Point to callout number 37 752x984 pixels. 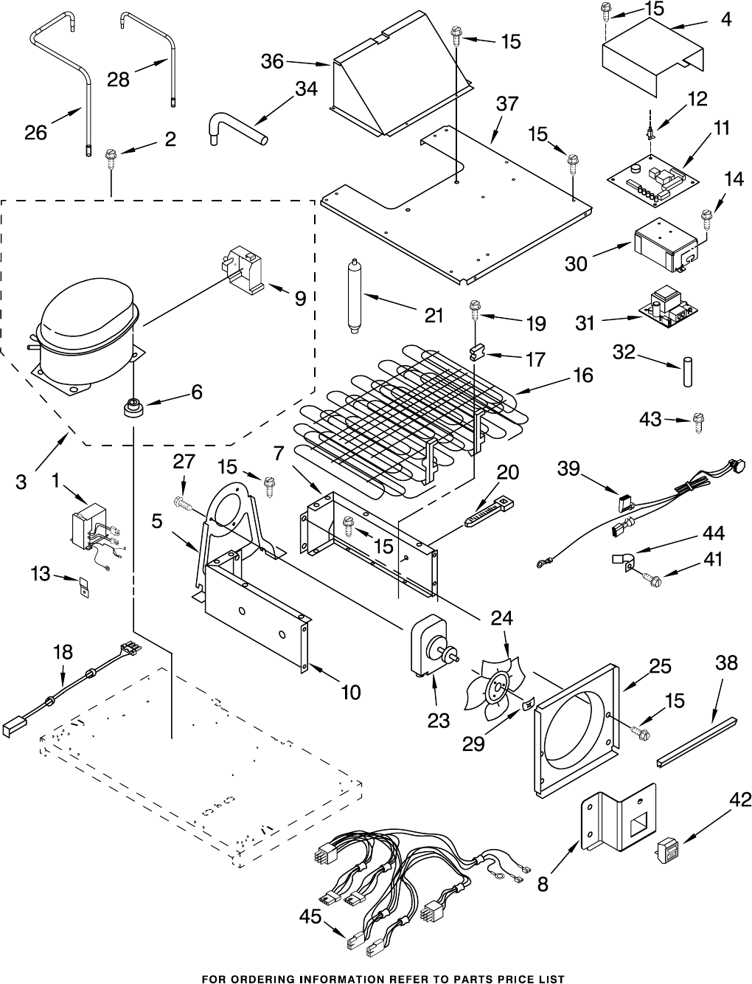coord(506,105)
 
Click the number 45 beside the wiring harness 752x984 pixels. coord(311,917)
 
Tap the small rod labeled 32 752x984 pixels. coord(687,370)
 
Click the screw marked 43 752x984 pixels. coord(697,422)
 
